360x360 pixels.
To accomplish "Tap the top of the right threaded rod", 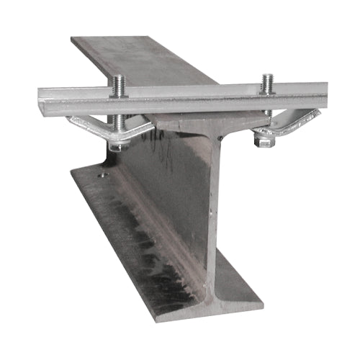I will point(267,76).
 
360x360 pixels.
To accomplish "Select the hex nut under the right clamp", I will point(264,142).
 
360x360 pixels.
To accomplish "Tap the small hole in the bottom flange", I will point(102,174).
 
